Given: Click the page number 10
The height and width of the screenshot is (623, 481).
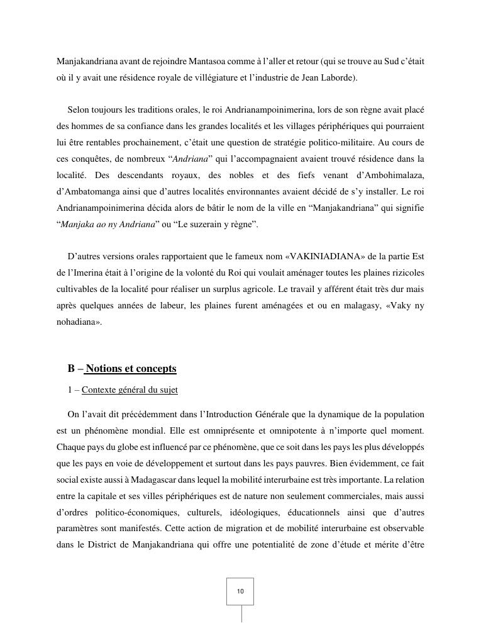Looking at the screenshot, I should pyautogui.click(x=240, y=592).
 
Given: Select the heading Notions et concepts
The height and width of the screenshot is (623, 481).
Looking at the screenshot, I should pyautogui.click(x=131, y=369).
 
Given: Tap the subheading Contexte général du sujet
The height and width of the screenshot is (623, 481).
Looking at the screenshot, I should pyautogui.click(x=130, y=390).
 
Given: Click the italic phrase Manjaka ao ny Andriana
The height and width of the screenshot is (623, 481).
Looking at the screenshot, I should pyautogui.click(x=108, y=224).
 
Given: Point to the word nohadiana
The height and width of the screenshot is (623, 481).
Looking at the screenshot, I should pyautogui.click(x=77, y=322).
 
